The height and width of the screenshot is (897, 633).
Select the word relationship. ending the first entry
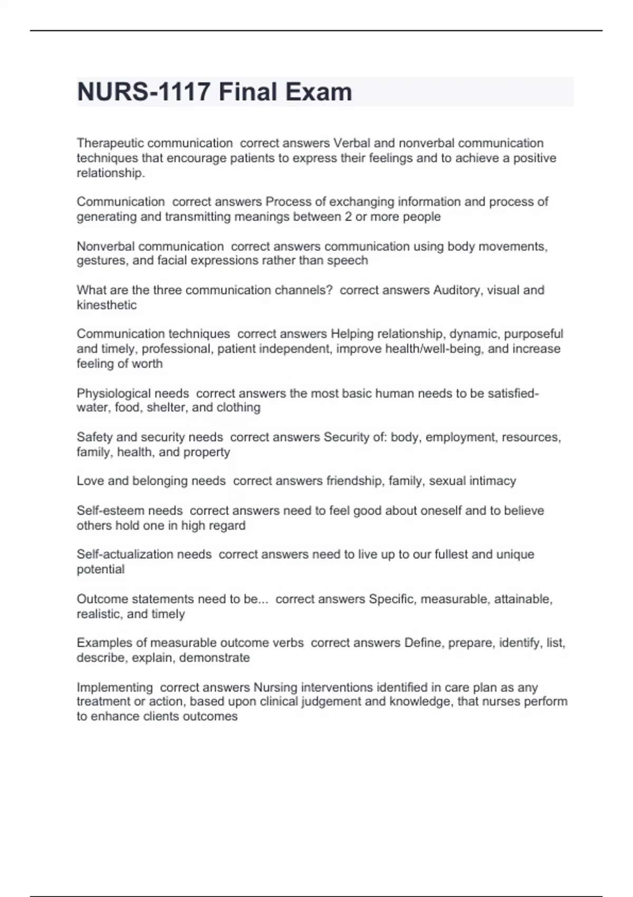(111, 173)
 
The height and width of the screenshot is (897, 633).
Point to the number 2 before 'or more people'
(348, 217)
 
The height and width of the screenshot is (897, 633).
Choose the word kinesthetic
(107, 305)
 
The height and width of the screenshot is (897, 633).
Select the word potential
(101, 569)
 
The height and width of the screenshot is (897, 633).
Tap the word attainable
(523, 599)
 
